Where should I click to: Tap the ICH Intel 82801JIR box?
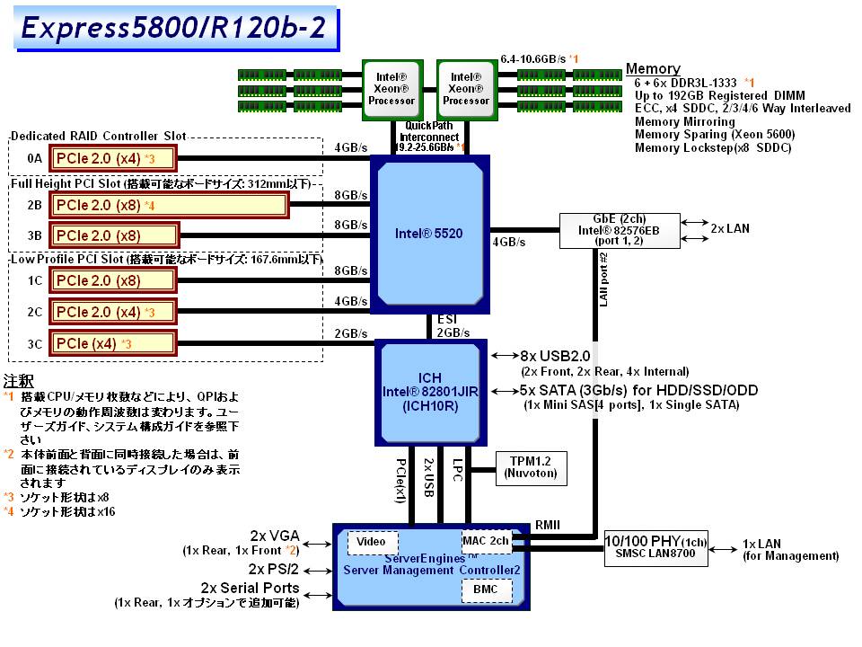pyautogui.click(x=429, y=393)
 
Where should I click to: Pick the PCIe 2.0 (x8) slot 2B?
pyautogui.click(x=168, y=205)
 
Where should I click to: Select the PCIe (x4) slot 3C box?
pyautogui.click(x=112, y=342)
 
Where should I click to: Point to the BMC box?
pyautogui.click(x=487, y=590)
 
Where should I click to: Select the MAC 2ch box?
pyautogui.click(x=486, y=541)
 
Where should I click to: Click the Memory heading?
pyautogui.click(x=653, y=69)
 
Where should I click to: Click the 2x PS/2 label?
pyautogui.click(x=275, y=569)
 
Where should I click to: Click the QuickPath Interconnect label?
pyautogui.click(x=430, y=131)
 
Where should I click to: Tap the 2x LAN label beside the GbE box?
pyautogui.click(x=730, y=228)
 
